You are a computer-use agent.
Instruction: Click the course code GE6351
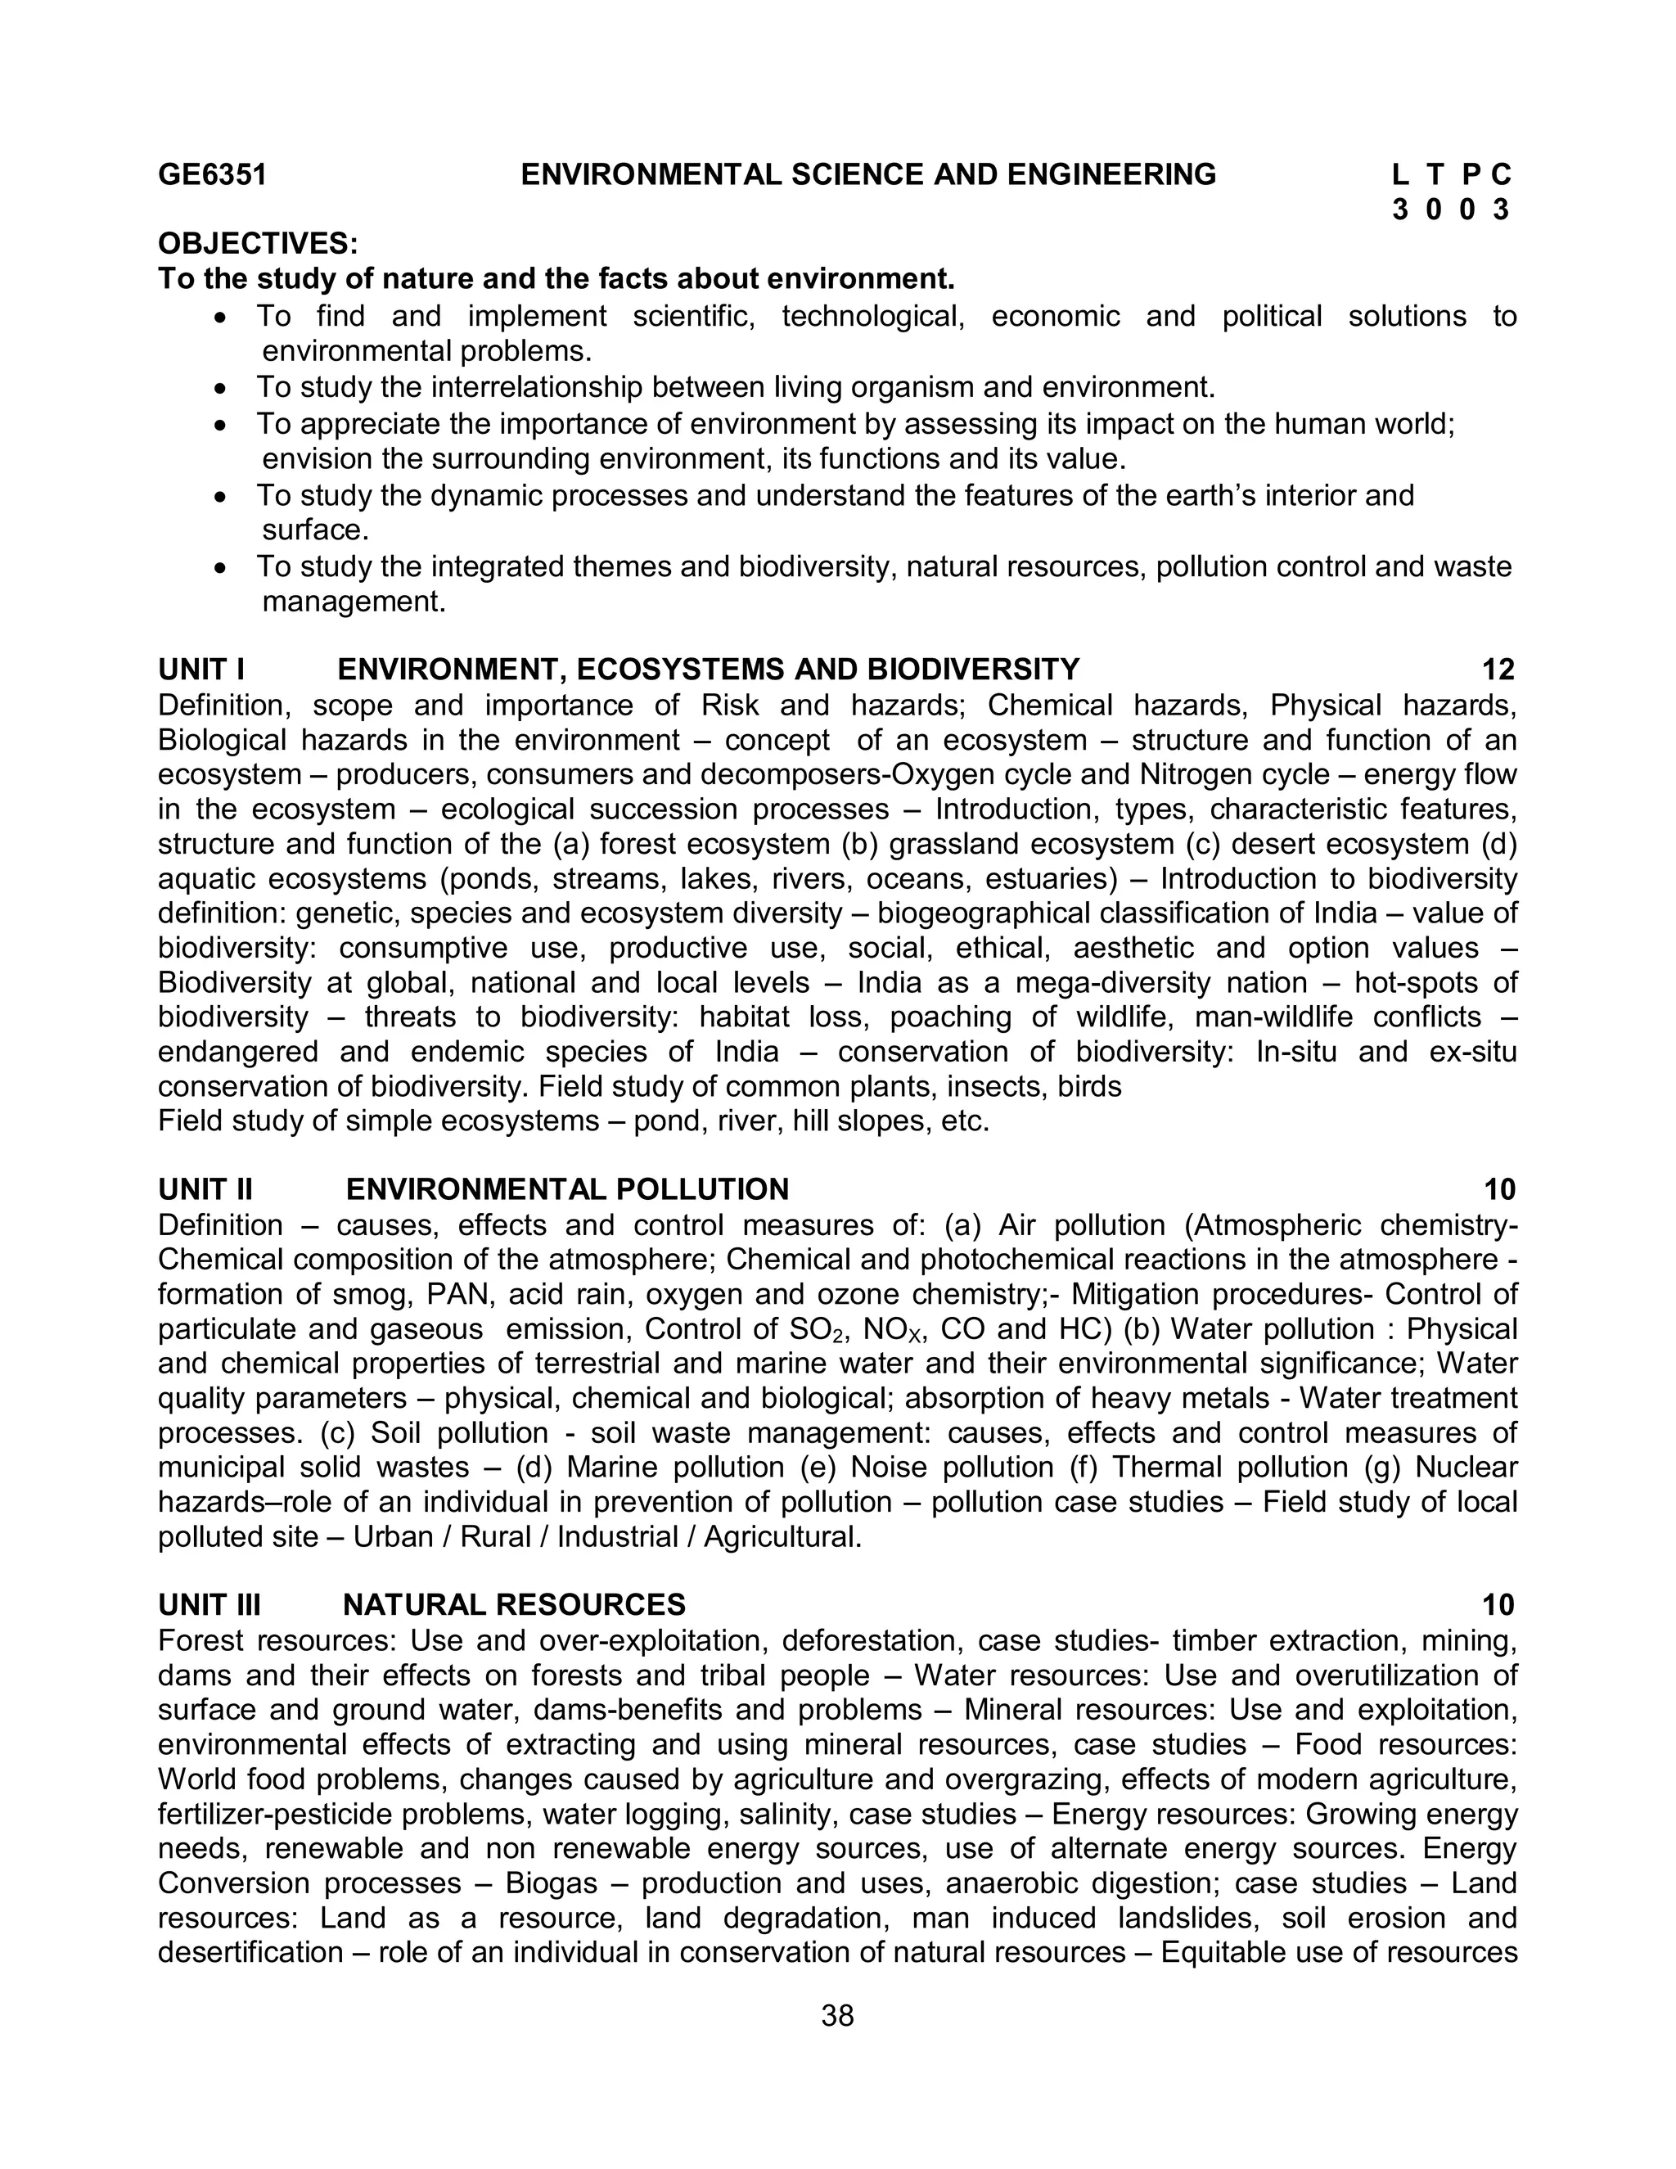click(213, 175)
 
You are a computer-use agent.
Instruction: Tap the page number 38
click(838, 2016)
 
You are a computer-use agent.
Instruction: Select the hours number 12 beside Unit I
click(1498, 670)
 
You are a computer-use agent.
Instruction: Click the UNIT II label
click(205, 1188)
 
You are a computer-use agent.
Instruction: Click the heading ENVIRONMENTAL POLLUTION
click(567, 1188)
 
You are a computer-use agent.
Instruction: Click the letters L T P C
click(1452, 175)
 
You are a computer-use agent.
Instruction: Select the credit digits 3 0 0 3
click(1452, 210)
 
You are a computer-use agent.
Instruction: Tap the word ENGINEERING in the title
click(1111, 175)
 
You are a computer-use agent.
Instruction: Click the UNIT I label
click(201, 670)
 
